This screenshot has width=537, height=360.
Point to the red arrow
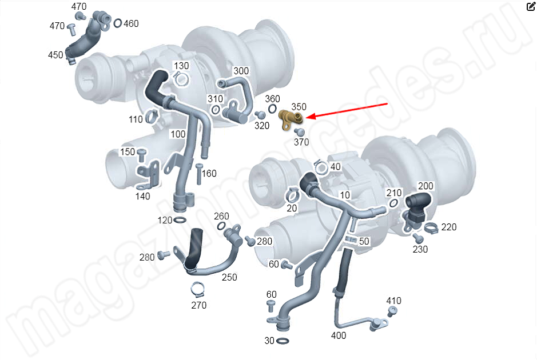click(346, 110)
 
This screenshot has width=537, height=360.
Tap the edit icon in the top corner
click(531, 6)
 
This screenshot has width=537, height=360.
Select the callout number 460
click(131, 23)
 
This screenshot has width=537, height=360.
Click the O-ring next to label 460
click(117, 23)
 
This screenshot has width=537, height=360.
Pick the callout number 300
click(241, 71)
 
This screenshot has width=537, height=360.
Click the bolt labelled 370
click(300, 132)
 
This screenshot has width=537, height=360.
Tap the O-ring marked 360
click(272, 109)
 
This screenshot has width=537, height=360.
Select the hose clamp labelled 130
click(181, 79)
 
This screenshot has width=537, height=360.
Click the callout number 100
click(178, 134)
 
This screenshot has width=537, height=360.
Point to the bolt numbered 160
click(199, 174)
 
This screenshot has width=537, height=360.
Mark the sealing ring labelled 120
click(180, 219)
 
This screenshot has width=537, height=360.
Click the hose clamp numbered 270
click(198, 290)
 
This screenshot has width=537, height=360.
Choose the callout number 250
click(229, 277)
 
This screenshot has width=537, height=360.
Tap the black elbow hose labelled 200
click(418, 202)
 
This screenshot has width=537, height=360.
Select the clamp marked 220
click(431, 227)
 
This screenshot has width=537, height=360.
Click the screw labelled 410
click(392, 311)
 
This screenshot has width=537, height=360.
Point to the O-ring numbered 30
click(282, 341)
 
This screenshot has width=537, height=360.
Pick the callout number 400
click(339, 335)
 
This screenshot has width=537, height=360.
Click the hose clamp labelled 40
click(321, 167)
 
